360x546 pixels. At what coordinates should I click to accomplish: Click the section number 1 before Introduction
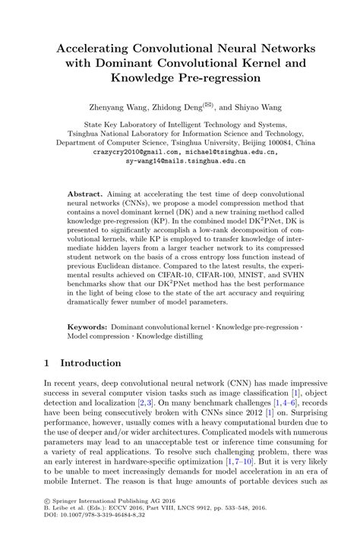coord(47,362)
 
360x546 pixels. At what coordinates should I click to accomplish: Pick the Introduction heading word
coord(91,362)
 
